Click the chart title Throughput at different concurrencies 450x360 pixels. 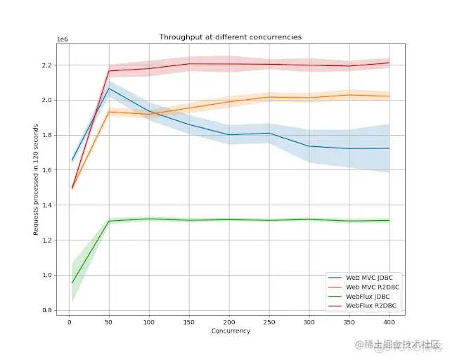pos(230,37)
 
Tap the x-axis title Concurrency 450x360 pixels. pos(230,330)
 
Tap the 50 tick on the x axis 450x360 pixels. pos(109,322)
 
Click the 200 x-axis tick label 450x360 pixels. pos(229,322)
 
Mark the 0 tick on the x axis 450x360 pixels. pos(69,322)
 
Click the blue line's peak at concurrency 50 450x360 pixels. pos(109,89)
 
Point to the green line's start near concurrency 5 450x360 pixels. pos(72,283)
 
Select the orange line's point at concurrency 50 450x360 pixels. pos(109,111)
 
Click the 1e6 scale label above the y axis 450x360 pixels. pos(63,41)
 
